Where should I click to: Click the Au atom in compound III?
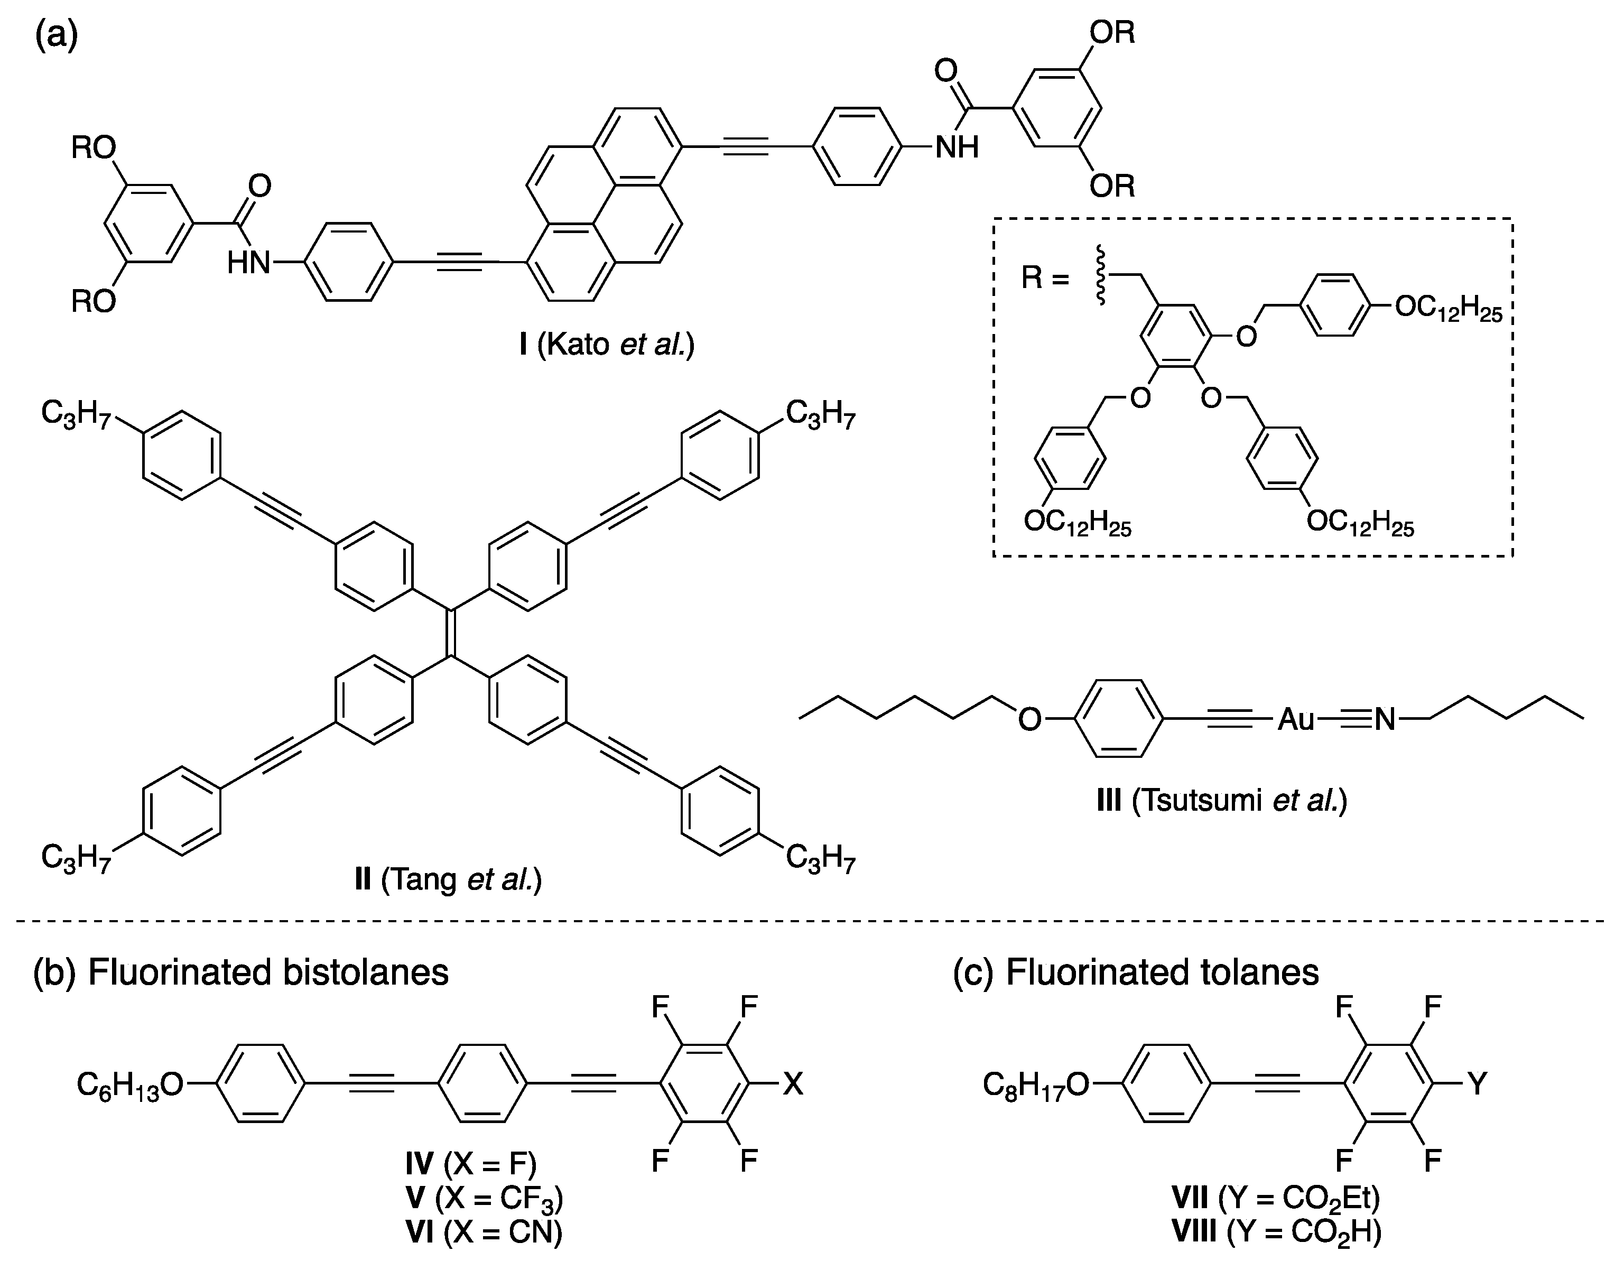(x=1296, y=719)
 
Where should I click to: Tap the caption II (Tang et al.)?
(x=448, y=880)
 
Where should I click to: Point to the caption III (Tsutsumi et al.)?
(x=1222, y=800)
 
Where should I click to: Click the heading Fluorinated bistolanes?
(x=268, y=972)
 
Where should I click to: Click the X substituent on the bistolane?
(x=793, y=1085)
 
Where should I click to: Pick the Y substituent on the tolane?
(x=1477, y=1085)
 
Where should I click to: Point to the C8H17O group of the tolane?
(x=1035, y=1086)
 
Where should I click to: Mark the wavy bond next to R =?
(x=1100, y=277)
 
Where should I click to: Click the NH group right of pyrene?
(x=957, y=147)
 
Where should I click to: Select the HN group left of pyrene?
(x=248, y=263)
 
